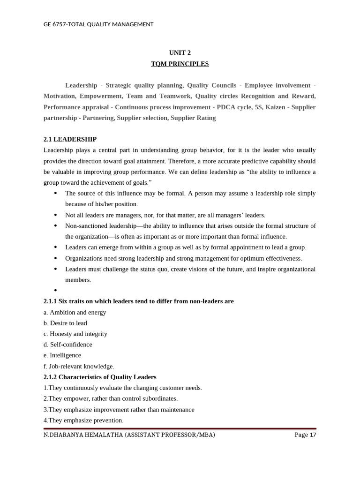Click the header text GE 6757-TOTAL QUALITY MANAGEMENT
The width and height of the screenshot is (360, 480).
coord(98,24)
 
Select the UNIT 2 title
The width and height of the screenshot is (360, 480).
coord(180,53)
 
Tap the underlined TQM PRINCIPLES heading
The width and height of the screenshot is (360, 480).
coord(180,64)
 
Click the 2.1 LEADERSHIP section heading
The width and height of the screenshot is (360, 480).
coord(70,139)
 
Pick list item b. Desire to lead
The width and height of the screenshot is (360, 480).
coord(65,323)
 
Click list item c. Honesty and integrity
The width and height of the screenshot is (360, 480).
coord(75,334)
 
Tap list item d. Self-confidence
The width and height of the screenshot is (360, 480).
coord(67,345)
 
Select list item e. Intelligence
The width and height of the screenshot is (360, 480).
coord(62,355)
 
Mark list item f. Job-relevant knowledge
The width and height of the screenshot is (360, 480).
coord(79,366)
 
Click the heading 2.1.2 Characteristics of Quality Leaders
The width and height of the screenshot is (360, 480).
coord(100,377)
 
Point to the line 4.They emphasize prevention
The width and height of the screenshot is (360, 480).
coord(83,420)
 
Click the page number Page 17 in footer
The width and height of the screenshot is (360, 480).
coord(305,435)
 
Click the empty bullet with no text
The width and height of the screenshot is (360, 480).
coord(56,291)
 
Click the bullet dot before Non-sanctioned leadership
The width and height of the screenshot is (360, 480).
coord(56,226)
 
